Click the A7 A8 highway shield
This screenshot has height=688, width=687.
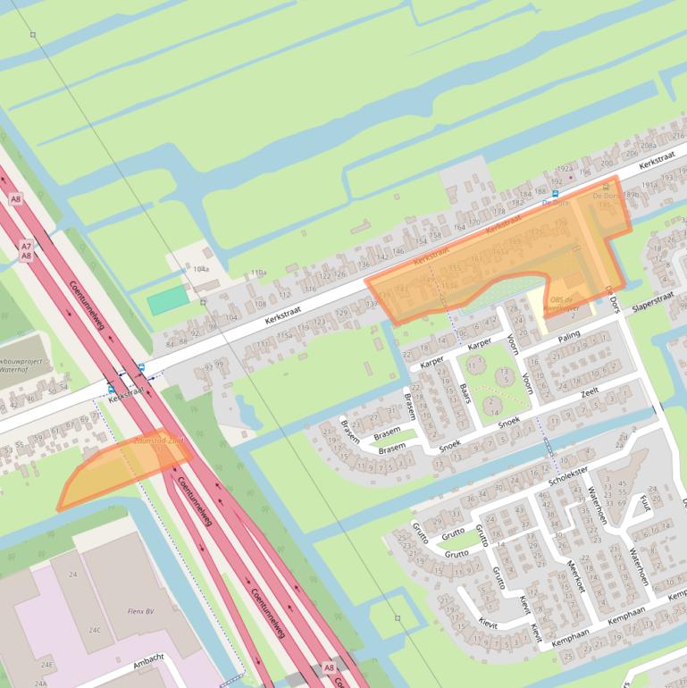pos(26,251)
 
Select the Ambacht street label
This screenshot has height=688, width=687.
pos(148,660)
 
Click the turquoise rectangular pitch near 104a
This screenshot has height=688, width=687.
pos(169,300)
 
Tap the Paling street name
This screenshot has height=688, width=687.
pos(568,337)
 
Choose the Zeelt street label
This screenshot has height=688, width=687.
pos(590,391)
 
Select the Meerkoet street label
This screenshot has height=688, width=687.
pos(575,577)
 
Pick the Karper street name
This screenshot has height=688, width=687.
pos(480,344)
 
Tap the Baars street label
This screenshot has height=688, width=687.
pos(464,393)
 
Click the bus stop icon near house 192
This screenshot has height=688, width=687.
pos(555,193)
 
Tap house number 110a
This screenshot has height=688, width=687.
pos(258,273)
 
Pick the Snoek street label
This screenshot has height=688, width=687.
pos(509,421)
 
